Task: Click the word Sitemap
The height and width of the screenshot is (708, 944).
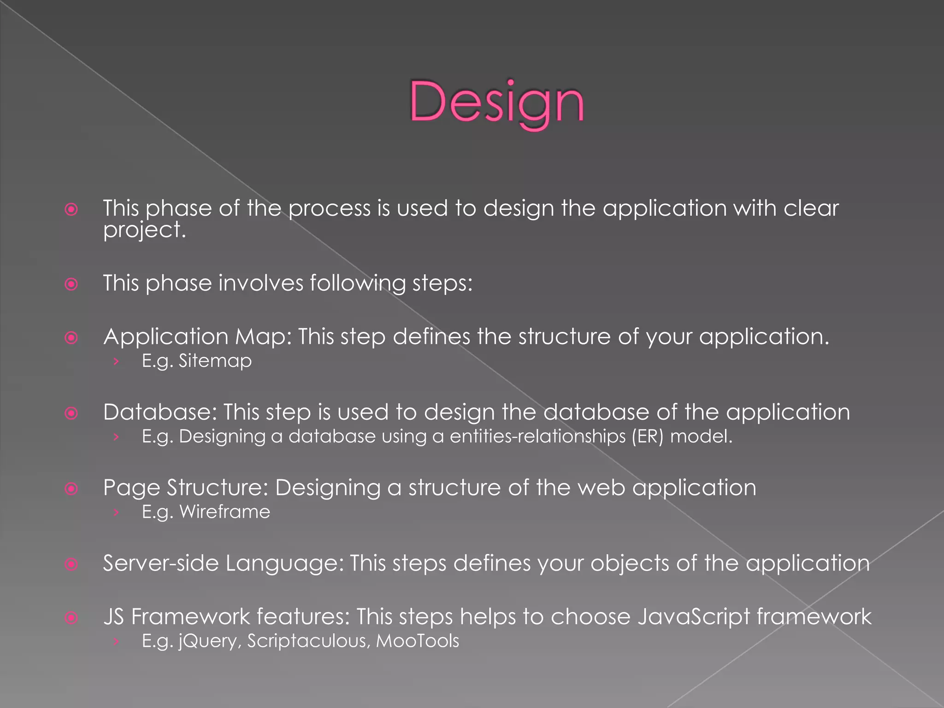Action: point(215,361)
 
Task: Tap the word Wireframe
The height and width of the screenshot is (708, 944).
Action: point(224,512)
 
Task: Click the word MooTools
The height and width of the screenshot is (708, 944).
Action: point(418,641)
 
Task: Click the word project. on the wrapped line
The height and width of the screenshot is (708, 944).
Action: point(144,230)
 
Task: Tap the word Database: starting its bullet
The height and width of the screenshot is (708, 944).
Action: point(160,412)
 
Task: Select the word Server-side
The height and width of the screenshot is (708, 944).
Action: point(160,563)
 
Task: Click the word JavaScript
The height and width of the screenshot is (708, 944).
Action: point(693,617)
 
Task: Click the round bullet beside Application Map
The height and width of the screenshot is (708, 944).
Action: point(71,338)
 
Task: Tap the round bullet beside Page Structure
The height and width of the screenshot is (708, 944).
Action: point(71,489)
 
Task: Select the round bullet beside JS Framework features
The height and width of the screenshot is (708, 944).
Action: point(71,618)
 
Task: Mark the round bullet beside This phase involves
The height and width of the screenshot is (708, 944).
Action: point(71,284)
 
